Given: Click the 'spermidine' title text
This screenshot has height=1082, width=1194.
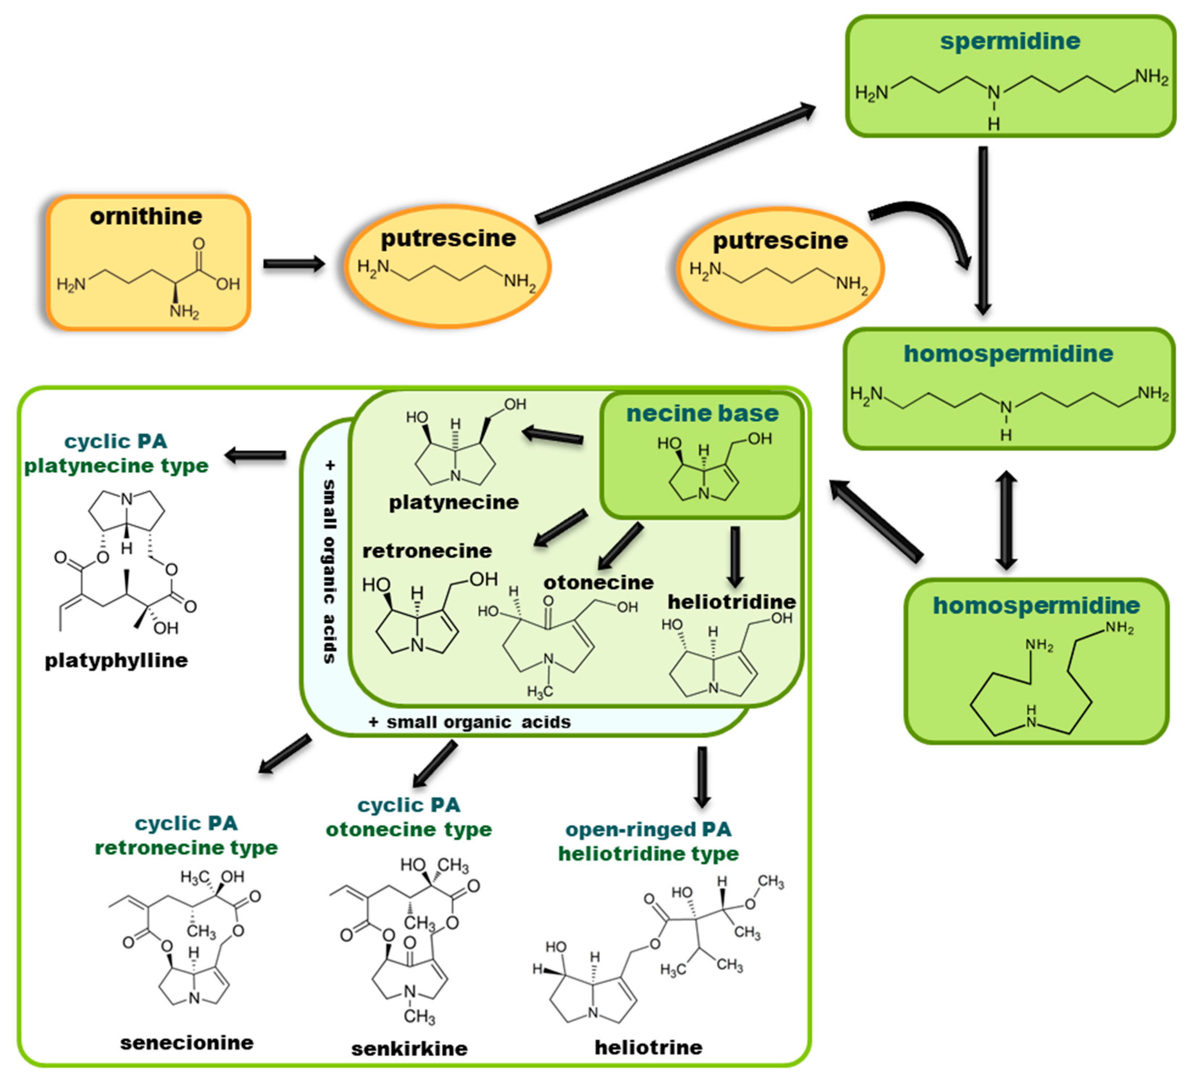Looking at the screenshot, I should (1010, 41).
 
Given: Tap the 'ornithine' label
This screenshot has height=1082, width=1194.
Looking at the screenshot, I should (146, 216).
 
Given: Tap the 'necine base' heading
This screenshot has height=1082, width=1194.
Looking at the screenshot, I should (702, 413).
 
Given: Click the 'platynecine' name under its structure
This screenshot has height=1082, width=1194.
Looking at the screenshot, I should (454, 502).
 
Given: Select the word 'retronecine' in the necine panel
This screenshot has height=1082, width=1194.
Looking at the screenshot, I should (427, 551).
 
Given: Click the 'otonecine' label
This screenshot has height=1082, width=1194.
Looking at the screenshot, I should (598, 582).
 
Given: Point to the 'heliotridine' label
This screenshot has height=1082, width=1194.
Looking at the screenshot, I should (732, 602).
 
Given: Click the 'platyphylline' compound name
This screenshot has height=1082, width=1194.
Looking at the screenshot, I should (117, 660).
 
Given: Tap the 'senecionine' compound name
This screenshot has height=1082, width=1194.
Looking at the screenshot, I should (187, 1042).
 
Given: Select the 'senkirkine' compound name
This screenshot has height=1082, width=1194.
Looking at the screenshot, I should (409, 1049).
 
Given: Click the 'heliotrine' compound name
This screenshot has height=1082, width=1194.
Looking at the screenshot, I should (649, 1047).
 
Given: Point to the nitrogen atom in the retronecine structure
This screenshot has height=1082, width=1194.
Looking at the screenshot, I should (417, 645).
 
